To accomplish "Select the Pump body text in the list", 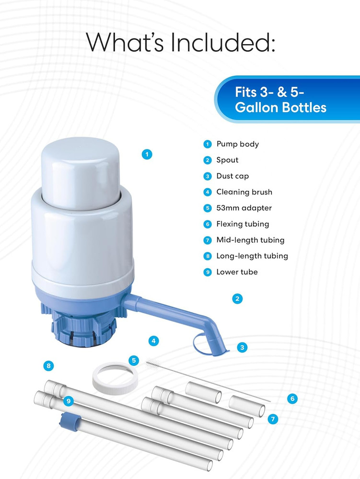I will [x=237, y=144].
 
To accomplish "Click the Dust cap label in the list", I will [x=232, y=176].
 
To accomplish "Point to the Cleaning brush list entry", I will [x=244, y=192].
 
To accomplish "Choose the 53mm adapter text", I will [x=244, y=208].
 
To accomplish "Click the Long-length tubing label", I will [x=252, y=256].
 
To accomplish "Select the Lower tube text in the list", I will [x=237, y=272].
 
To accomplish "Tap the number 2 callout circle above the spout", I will [x=236, y=299].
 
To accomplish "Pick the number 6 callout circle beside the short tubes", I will [x=292, y=398].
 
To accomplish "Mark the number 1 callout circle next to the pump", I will [x=147, y=154].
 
